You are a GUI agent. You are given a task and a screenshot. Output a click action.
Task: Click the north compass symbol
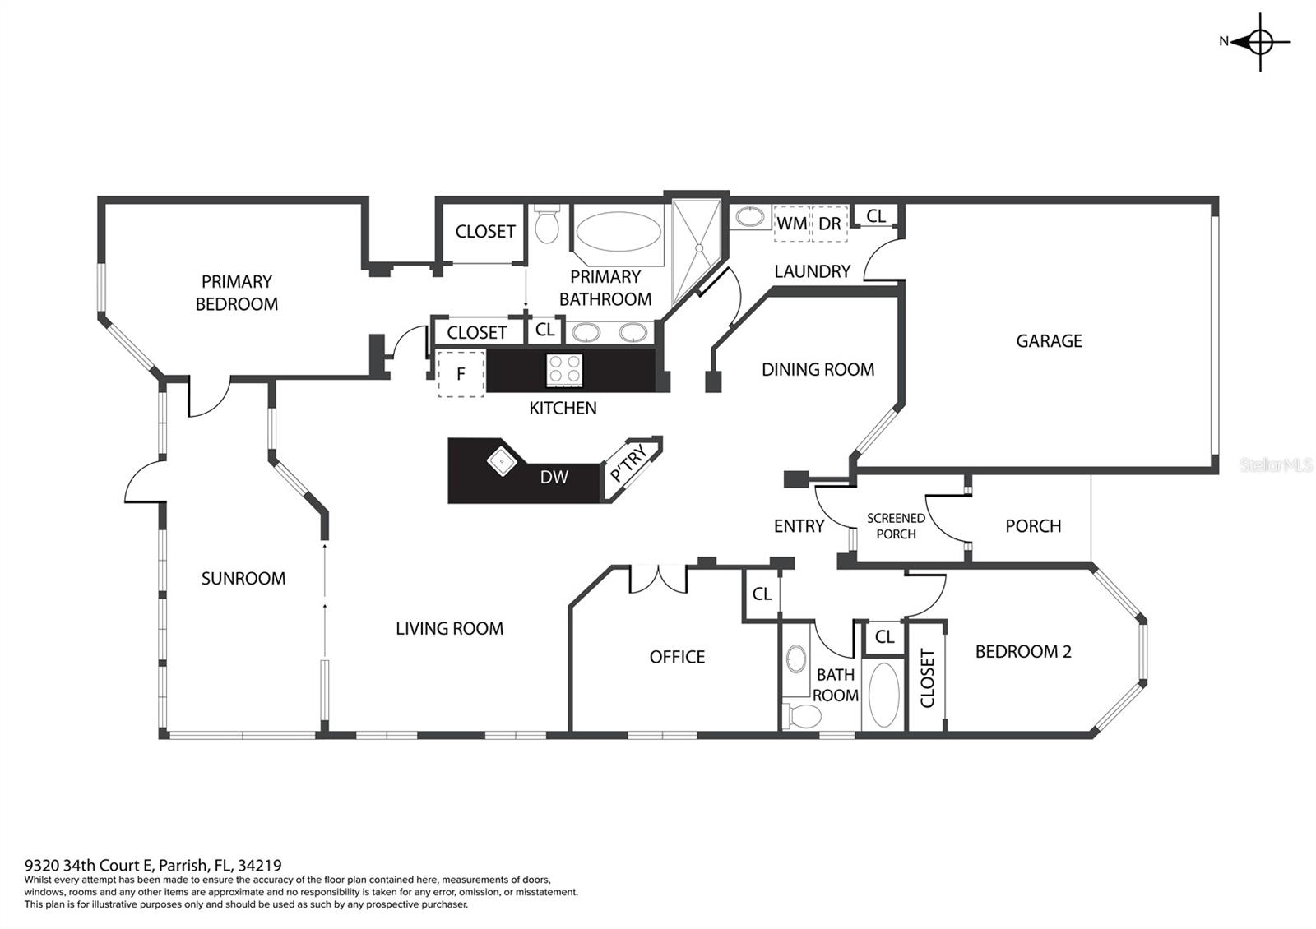[1258, 42]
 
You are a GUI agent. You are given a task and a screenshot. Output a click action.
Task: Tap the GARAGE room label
[1049, 341]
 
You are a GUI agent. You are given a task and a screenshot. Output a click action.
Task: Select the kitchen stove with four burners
[564, 370]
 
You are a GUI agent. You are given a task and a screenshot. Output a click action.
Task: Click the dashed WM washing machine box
[792, 224]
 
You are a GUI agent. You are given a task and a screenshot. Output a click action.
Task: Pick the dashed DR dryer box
[830, 224]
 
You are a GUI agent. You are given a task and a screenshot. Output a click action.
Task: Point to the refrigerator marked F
[461, 373]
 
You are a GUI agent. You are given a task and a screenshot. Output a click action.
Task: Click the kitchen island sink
[503, 461]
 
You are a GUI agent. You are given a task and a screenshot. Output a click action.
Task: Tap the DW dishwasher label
[554, 477]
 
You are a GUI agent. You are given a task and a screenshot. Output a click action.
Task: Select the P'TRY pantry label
[628, 463]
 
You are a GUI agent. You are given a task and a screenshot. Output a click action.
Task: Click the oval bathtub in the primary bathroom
[619, 231]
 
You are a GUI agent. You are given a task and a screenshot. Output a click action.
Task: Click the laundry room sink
[750, 217]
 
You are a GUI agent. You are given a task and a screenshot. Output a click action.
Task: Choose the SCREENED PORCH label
[896, 526]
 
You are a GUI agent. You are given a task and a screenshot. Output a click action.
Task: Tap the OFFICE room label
[677, 657]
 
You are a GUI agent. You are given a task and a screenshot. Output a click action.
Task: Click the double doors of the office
[658, 579]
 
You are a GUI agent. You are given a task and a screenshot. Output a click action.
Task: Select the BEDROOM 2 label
[1023, 652]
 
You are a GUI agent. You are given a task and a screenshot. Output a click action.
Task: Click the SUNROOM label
[243, 579]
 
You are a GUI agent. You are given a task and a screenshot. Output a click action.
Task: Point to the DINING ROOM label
[818, 370]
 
